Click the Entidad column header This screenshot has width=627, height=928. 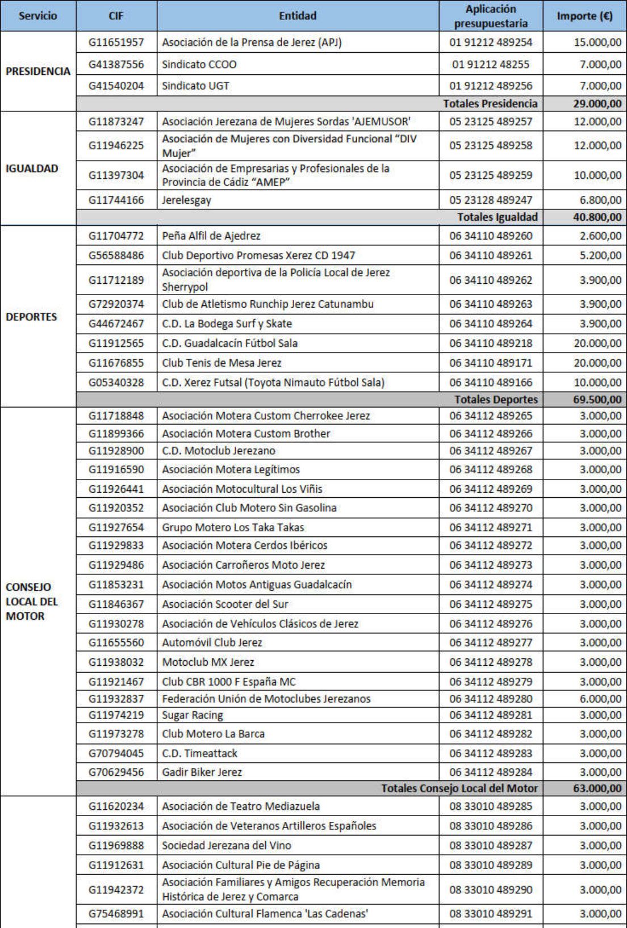298,16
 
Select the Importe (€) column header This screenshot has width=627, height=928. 584,16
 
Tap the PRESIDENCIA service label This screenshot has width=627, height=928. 38,72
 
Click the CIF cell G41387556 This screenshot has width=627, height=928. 116,64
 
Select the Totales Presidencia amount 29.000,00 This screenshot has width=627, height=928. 597,104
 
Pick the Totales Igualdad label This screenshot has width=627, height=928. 497,217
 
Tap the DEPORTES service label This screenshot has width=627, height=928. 31,317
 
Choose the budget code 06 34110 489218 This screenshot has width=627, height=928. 491,343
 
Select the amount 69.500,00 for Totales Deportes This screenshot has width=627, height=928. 597,400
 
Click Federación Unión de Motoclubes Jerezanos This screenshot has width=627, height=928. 266,699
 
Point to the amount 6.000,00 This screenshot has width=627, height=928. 600,699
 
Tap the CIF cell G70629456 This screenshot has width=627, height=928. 116,772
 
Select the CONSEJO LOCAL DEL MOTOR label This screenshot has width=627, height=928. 32,602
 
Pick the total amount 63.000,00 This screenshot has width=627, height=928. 597,788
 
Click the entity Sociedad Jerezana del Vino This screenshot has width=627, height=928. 226,846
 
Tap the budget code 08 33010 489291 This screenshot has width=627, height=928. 491,914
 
